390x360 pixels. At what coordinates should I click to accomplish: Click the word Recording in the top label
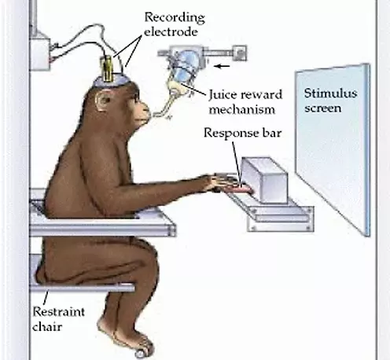[x=175, y=18]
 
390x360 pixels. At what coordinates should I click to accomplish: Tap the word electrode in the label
[x=171, y=32]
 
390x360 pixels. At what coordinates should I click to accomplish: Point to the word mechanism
[x=242, y=109]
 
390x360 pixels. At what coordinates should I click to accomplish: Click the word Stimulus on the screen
[x=331, y=94]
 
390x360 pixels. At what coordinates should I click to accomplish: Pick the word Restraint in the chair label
[x=59, y=312]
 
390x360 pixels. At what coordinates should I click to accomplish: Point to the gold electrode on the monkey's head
[x=108, y=68]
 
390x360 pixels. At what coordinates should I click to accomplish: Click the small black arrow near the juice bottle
[x=222, y=66]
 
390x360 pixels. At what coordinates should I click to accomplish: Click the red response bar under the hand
[x=243, y=189]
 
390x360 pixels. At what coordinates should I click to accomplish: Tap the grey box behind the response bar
[x=264, y=179]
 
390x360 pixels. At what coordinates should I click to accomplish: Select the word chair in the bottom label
[x=47, y=327]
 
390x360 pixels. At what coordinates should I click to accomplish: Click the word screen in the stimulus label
[x=323, y=108]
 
